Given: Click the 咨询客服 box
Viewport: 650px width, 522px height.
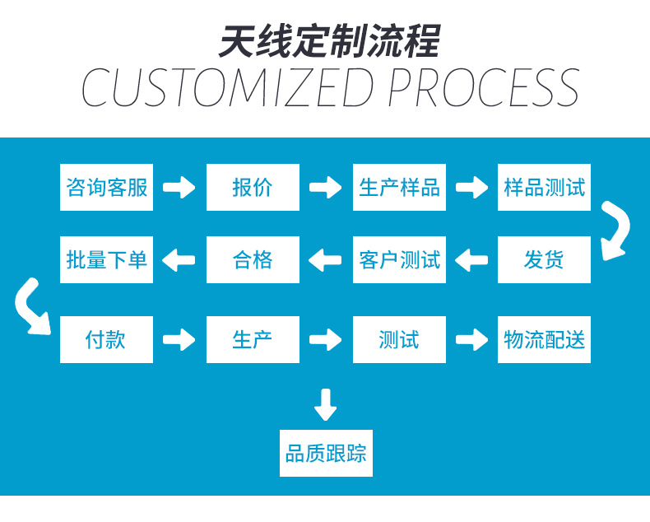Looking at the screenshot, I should (x=106, y=187).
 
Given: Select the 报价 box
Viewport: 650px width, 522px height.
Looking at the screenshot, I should (x=253, y=187).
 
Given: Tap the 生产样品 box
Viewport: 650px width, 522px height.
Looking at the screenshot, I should (x=399, y=187).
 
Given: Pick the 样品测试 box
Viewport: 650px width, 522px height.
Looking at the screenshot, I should (x=544, y=187).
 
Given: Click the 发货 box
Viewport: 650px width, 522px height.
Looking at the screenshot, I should (x=544, y=260).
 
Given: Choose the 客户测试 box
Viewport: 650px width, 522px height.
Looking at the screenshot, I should (x=399, y=260).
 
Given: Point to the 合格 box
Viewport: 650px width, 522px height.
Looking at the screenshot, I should (x=253, y=260).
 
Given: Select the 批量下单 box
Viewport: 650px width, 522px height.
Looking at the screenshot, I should (x=106, y=260).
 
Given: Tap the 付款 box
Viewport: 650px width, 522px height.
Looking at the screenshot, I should (x=106, y=339).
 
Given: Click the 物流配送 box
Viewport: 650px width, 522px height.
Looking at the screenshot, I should (x=544, y=339).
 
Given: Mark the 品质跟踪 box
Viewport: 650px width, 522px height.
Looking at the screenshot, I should (x=326, y=453).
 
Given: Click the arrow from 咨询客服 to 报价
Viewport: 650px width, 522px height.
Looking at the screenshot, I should (x=179, y=188).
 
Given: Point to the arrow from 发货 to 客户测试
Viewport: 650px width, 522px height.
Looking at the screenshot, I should (x=471, y=261).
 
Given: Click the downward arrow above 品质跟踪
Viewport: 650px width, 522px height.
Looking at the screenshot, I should (x=326, y=403).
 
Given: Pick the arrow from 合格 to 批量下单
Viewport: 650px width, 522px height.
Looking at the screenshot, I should (x=179, y=261).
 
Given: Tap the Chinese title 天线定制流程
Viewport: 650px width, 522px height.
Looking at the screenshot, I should (x=328, y=40).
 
